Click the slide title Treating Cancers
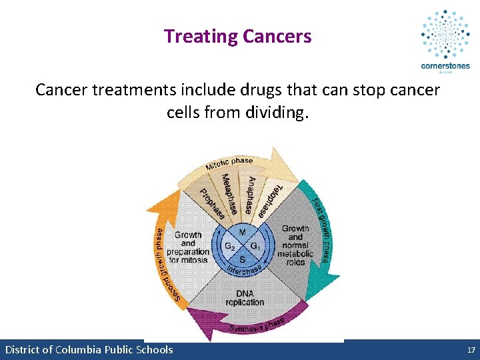point(237,36)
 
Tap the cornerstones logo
point(445,40)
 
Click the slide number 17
point(471,350)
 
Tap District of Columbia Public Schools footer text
point(89,350)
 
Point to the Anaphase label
point(249,195)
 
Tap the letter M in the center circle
point(242,232)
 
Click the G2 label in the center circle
point(229,245)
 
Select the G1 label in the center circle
point(256,245)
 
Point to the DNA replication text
point(245,297)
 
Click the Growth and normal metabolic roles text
point(295,245)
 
